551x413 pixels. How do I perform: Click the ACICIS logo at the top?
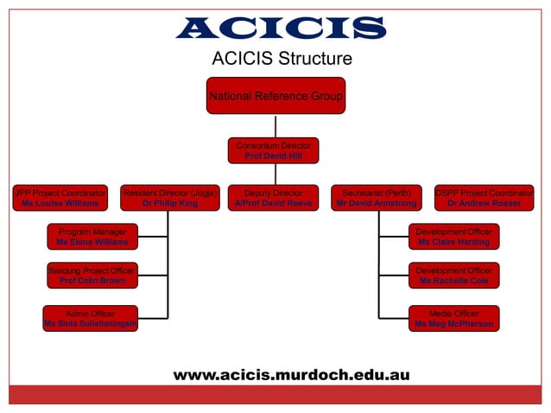pyautogui.click(x=281, y=29)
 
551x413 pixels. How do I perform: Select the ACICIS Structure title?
pyautogui.click(x=282, y=60)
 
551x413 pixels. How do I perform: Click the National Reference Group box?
pyautogui.click(x=276, y=96)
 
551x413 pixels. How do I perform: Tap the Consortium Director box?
pyautogui.click(x=273, y=150)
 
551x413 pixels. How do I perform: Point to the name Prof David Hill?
pyautogui.click(x=273, y=156)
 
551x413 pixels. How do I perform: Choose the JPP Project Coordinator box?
pyautogui.click(x=60, y=198)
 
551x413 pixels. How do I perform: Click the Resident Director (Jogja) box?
pyautogui.click(x=170, y=198)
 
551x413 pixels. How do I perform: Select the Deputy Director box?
pyautogui.click(x=273, y=198)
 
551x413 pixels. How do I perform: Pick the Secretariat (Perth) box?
pyautogui.click(x=377, y=198)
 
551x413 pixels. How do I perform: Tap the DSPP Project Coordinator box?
pyautogui.click(x=484, y=198)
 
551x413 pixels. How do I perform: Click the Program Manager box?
pyautogui.click(x=92, y=237)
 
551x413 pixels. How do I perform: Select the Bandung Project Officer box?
pyautogui.click(x=92, y=276)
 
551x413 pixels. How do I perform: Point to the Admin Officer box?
pyautogui.click(x=90, y=318)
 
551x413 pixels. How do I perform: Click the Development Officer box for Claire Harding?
pyautogui.click(x=453, y=237)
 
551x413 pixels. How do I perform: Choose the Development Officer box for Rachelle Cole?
pyautogui.click(x=453, y=276)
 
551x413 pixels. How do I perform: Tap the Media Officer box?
pyautogui.click(x=453, y=318)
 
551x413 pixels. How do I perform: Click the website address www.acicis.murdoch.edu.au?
pyautogui.click(x=291, y=375)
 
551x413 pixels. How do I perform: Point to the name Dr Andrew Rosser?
pyautogui.click(x=484, y=204)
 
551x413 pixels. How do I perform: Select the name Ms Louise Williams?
pyautogui.click(x=60, y=204)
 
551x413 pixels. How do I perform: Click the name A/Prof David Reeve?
pyautogui.click(x=273, y=204)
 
